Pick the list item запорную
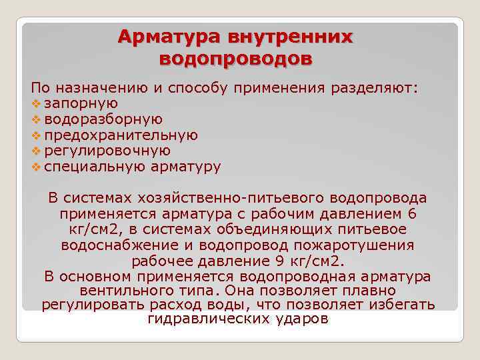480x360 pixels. click(x=81, y=103)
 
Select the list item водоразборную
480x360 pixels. click(x=103, y=119)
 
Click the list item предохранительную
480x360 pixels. click(x=121, y=135)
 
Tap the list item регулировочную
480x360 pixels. click(x=107, y=151)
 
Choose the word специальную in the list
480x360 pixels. click(x=94, y=167)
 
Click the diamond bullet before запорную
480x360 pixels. click(x=36, y=104)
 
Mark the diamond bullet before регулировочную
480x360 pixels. click(x=36, y=152)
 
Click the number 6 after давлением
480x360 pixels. click(x=411, y=214)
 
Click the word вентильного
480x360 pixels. click(x=126, y=291)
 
